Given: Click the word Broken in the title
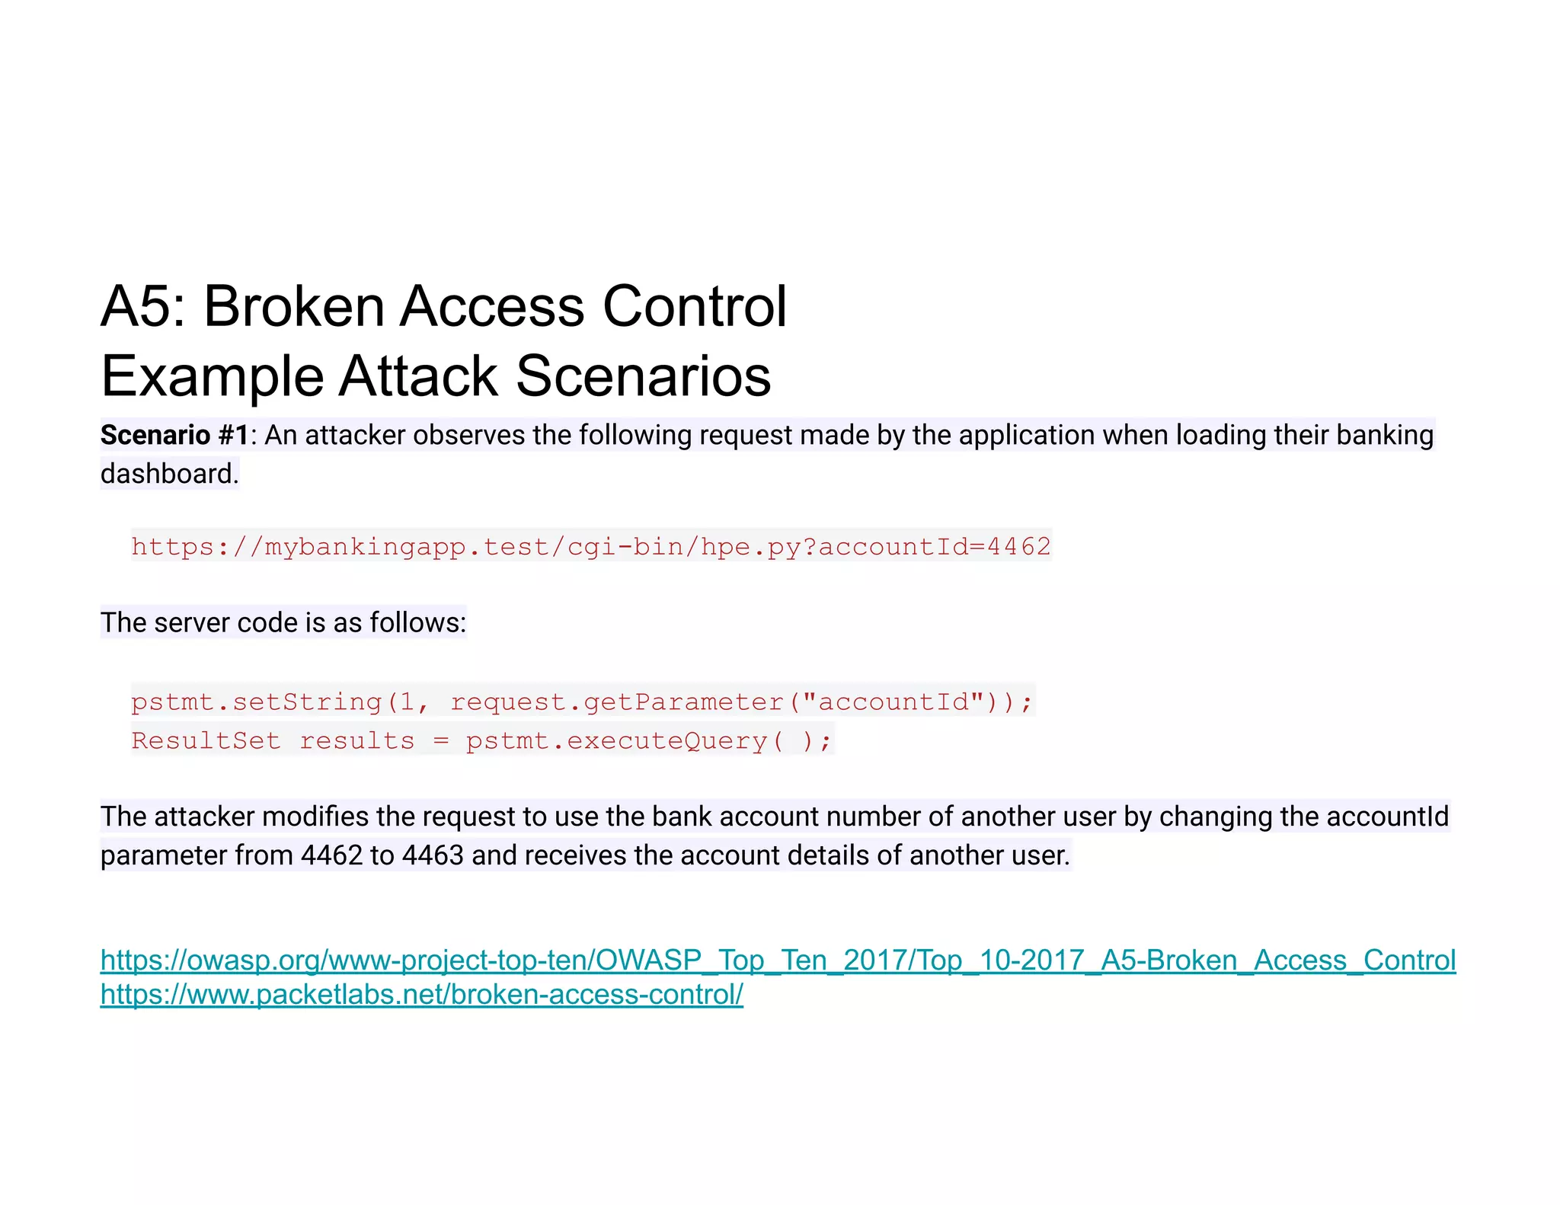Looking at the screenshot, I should tap(294, 306).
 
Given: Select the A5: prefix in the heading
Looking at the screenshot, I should tap(143, 306).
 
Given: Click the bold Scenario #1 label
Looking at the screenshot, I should tap(174, 435).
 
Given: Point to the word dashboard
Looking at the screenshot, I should tap(169, 474).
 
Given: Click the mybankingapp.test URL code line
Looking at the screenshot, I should tap(590, 546).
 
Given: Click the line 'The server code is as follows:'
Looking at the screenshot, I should tap(283, 622).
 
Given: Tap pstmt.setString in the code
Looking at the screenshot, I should tap(256, 702).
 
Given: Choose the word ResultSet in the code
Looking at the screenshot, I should tap(206, 740).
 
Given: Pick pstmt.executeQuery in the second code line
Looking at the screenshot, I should tap(616, 740).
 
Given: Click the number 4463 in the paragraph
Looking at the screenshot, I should tap(433, 855).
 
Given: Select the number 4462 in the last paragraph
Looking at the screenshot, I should tap(331, 855).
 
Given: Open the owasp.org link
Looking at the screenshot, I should tap(778, 960).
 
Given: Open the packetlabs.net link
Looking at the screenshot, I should tap(421, 995).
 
